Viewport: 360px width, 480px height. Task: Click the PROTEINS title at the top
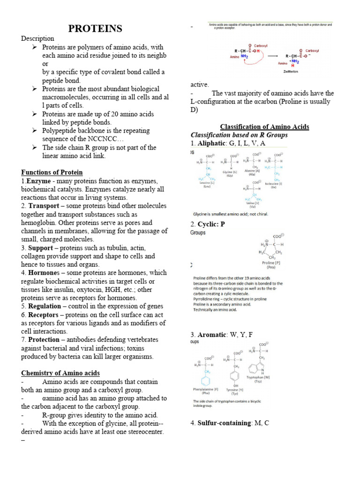pos(95,29)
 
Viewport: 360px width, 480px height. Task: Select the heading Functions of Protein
pos(52,172)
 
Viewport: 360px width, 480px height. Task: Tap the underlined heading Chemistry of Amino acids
pos(60,373)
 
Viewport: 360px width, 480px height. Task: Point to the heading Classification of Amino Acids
pos(264,127)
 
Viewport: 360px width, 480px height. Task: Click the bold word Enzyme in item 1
pos(37,181)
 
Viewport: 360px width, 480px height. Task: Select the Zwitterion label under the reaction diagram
pos(291,72)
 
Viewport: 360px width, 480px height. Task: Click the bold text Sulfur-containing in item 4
pos(225,423)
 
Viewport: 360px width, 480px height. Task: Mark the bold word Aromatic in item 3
pos(212,335)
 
